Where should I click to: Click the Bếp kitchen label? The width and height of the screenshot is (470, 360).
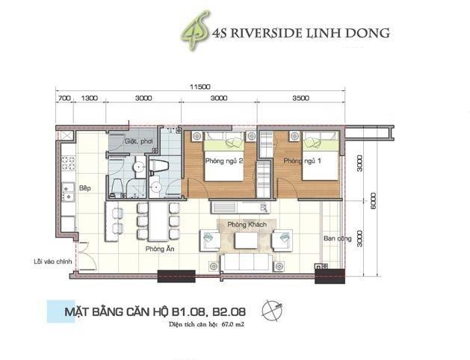tap(85, 188)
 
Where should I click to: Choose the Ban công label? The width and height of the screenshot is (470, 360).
tap(334, 239)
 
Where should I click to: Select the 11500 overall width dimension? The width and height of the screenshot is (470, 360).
tap(198, 87)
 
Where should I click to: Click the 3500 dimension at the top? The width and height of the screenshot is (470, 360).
tap(301, 98)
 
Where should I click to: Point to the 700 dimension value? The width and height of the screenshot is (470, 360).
tap(64, 98)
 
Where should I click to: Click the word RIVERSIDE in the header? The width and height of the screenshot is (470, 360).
tap(267, 33)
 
